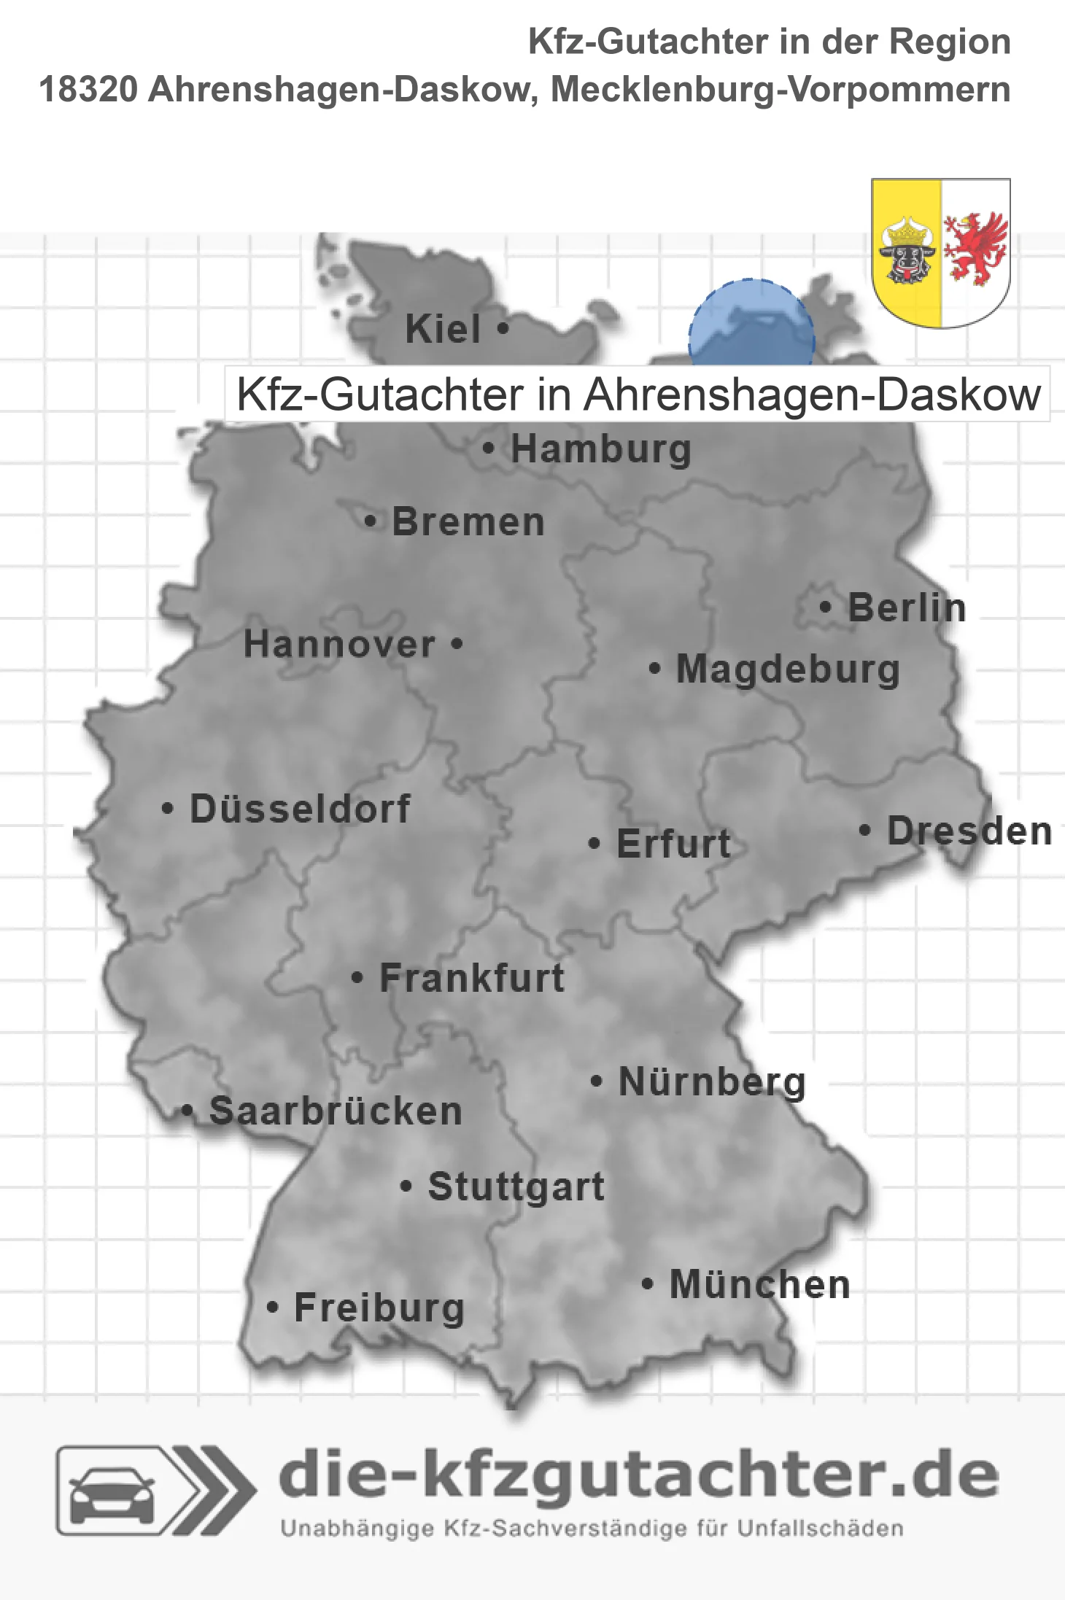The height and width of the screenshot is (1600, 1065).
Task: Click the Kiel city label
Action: click(x=443, y=329)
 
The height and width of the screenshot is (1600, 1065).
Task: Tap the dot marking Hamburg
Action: click(x=489, y=448)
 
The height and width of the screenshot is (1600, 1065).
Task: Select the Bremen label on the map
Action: click(x=468, y=522)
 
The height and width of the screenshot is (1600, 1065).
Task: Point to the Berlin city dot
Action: click(x=825, y=607)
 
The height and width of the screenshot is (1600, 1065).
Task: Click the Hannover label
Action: click(x=339, y=645)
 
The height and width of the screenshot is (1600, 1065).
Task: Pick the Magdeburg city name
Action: click(x=788, y=669)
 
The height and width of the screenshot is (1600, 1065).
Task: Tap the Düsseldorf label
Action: click(x=300, y=809)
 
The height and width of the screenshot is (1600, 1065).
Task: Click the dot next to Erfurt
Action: click(x=594, y=844)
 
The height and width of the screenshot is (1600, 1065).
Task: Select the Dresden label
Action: click(x=969, y=831)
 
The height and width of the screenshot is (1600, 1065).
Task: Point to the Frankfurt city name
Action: click(x=472, y=978)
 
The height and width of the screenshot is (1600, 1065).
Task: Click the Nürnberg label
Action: click(x=712, y=1081)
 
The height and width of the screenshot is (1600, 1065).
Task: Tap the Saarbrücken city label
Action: click(x=336, y=1111)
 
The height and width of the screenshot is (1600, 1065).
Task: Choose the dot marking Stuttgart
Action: click(x=406, y=1187)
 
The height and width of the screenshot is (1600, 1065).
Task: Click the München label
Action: click(x=760, y=1284)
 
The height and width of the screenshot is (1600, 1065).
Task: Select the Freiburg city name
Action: click(x=379, y=1308)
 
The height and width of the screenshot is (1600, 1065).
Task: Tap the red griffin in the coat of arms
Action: click(x=975, y=248)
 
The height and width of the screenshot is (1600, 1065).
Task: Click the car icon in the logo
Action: click(x=112, y=1494)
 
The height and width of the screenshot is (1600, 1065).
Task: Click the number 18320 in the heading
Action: click(x=88, y=90)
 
